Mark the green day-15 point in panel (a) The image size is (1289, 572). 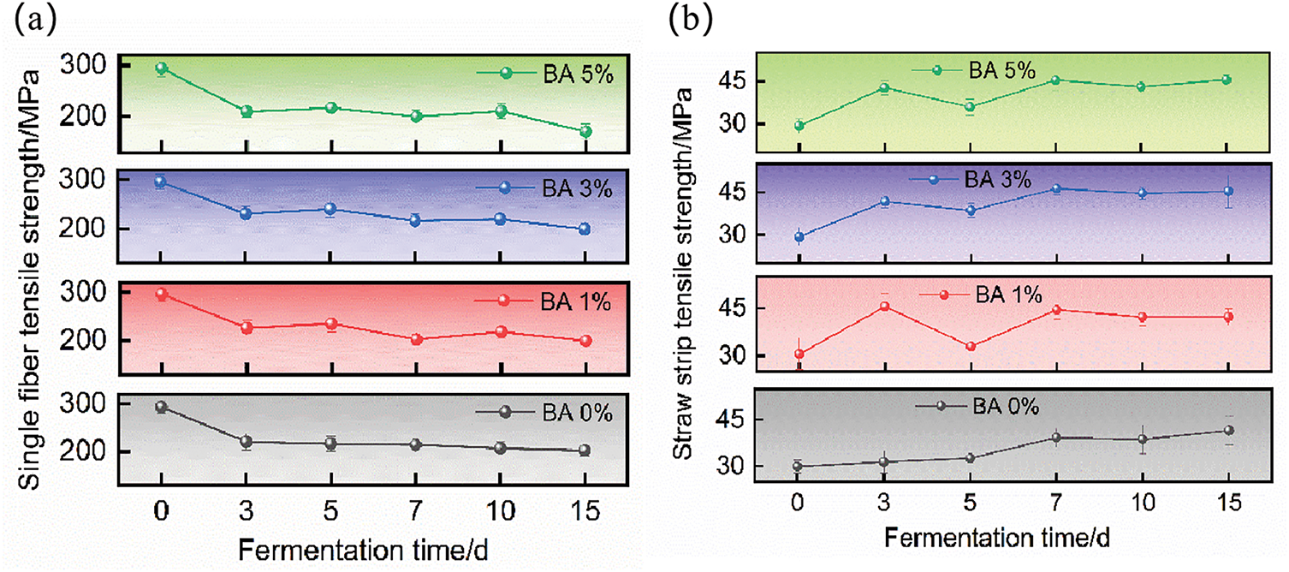[585, 131]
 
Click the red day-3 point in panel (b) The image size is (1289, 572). [885, 306]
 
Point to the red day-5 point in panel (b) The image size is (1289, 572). [971, 347]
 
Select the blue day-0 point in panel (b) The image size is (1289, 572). [799, 237]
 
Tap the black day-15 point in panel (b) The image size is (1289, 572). [1228, 430]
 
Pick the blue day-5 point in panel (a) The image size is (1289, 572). [330, 209]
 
